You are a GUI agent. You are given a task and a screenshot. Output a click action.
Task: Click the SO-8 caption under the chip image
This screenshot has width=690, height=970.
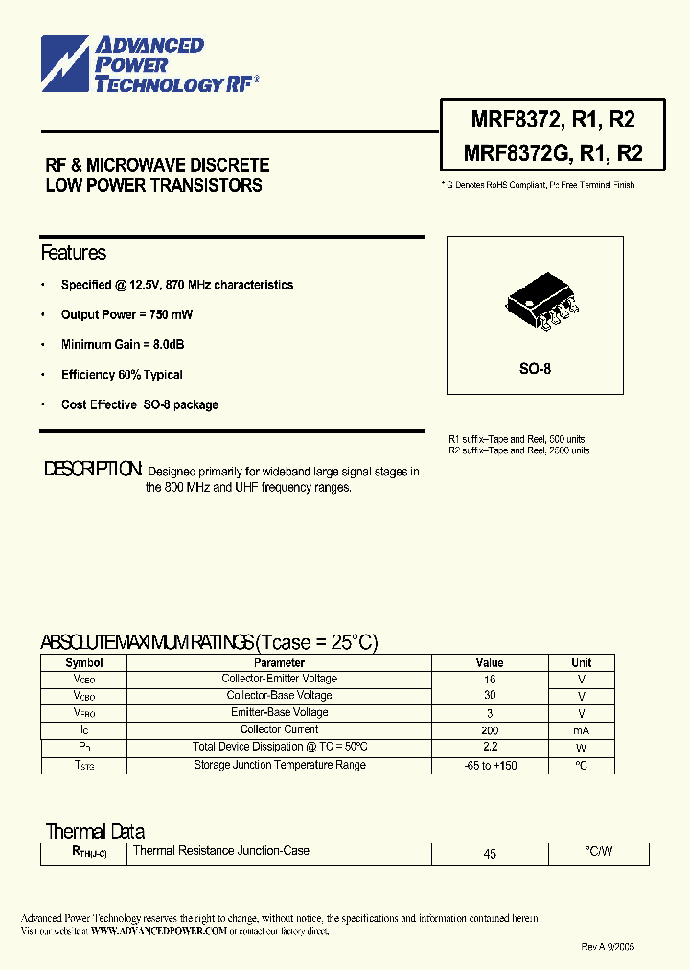[x=535, y=369]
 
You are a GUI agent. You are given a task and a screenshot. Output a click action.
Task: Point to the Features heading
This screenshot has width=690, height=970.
[x=73, y=253]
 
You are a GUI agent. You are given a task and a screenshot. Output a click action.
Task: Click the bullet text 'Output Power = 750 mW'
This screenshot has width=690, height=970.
[x=126, y=314]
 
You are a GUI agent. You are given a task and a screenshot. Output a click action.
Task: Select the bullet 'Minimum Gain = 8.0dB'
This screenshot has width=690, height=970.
[x=123, y=344]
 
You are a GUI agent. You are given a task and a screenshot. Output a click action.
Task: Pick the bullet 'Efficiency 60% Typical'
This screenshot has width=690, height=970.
[x=122, y=375]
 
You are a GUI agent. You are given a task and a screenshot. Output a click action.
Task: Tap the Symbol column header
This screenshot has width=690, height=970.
[x=84, y=662]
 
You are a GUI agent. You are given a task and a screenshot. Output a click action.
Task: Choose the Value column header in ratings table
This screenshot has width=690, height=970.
[x=489, y=662]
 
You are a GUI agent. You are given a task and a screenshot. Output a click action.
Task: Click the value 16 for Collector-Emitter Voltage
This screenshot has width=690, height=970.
[x=490, y=679]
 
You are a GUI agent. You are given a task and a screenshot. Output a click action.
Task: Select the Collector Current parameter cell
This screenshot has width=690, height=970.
[x=279, y=729]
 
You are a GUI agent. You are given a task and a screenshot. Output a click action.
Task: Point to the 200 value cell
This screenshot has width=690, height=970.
[x=490, y=730]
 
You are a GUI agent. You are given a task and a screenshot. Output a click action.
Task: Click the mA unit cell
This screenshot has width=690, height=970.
[x=581, y=730]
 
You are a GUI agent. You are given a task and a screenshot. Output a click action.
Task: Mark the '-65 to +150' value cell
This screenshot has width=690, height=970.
[x=490, y=765]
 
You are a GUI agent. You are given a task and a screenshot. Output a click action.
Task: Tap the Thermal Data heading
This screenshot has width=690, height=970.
[x=95, y=831]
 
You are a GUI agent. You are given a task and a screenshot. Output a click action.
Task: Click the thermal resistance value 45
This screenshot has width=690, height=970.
[x=490, y=853]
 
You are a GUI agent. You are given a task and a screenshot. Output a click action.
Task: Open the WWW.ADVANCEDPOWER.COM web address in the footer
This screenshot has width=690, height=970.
[x=160, y=930]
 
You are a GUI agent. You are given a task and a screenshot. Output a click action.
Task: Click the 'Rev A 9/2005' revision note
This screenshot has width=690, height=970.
[x=608, y=946]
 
